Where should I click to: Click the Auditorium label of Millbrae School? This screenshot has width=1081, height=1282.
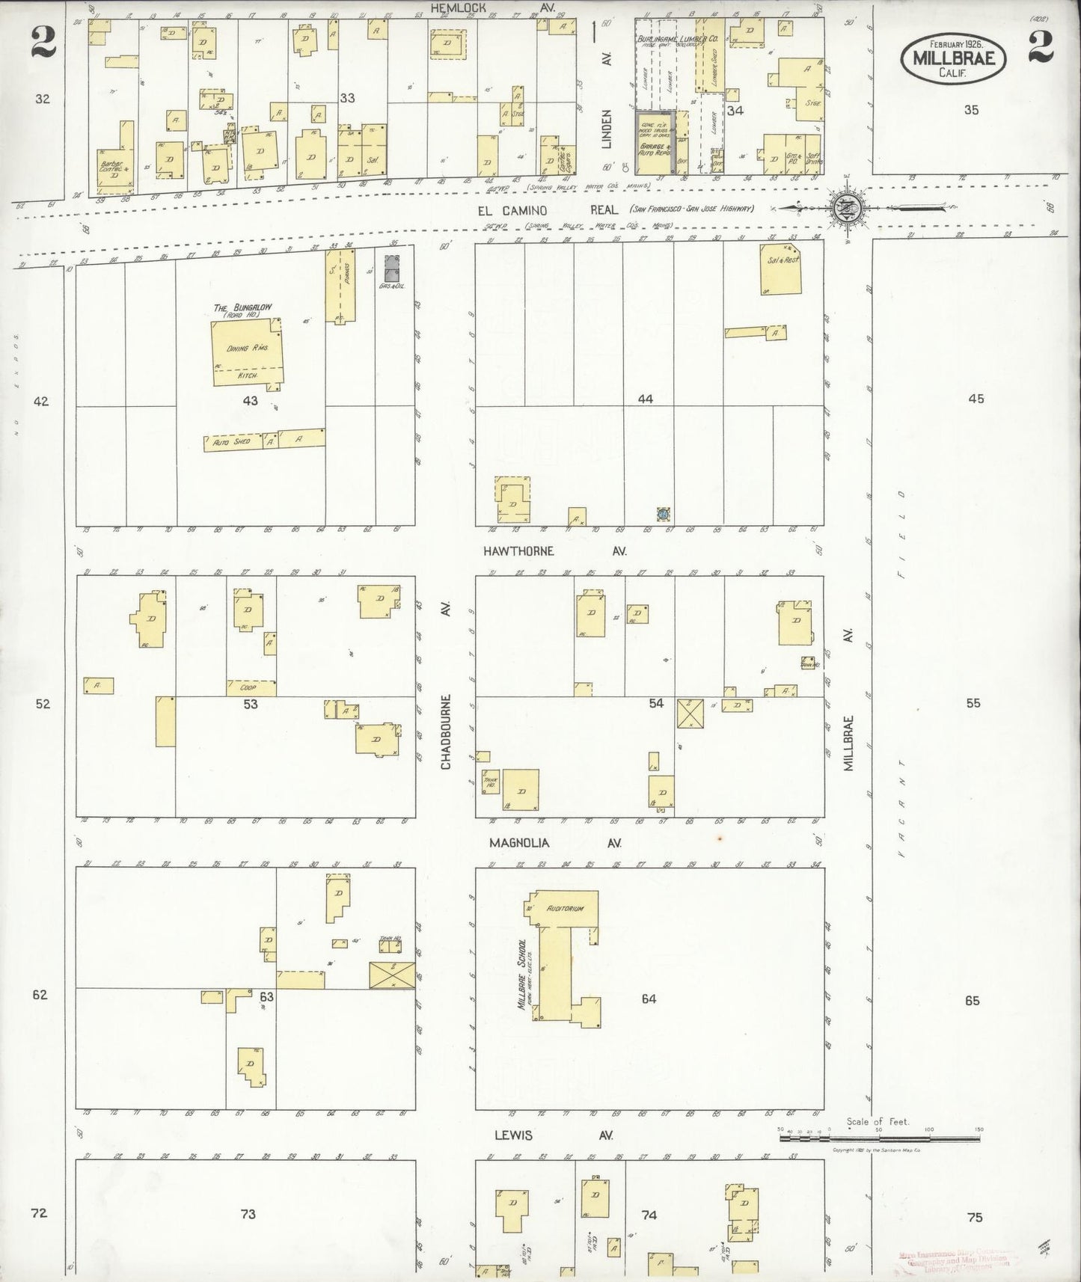click(x=565, y=909)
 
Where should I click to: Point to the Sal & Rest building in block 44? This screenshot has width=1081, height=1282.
click(x=781, y=269)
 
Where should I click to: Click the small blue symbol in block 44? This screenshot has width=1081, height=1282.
click(x=663, y=513)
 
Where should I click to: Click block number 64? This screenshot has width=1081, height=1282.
click(x=648, y=999)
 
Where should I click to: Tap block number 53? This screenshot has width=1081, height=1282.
click(x=250, y=704)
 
